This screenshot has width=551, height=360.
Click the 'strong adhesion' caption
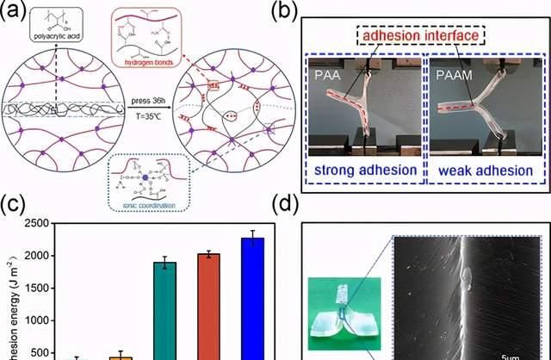(x=365, y=170)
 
